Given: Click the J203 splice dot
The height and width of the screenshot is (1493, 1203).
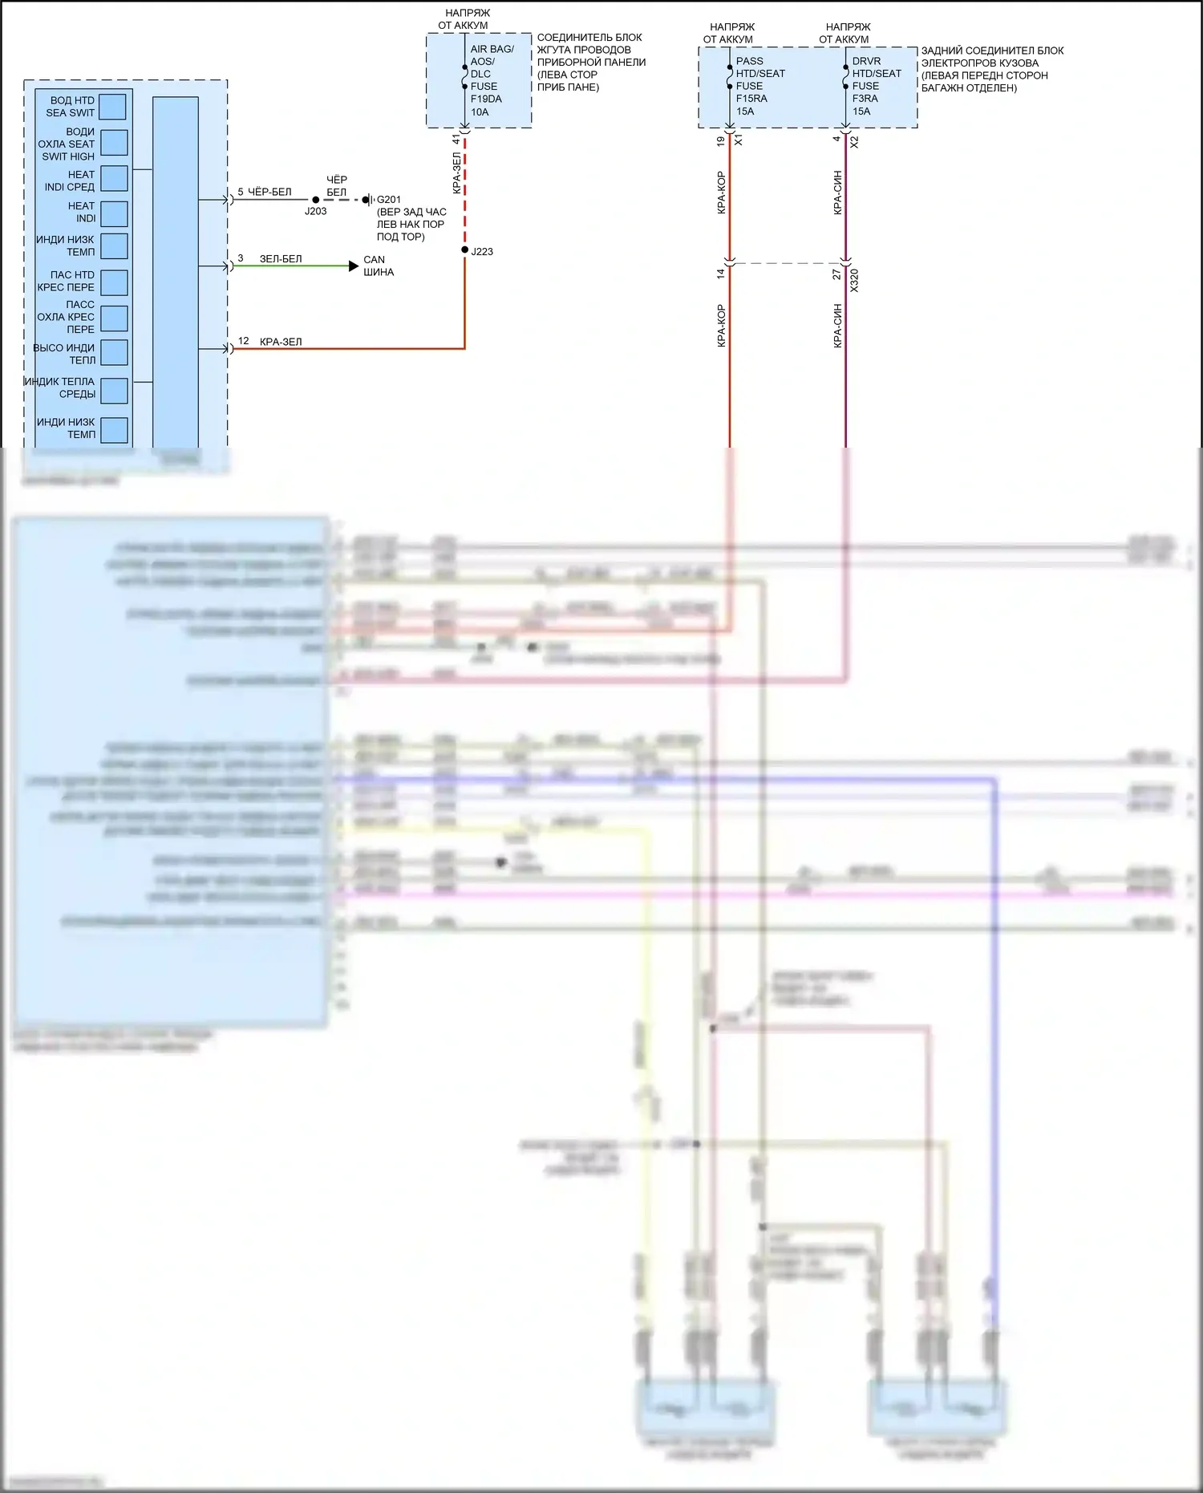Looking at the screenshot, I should tap(316, 200).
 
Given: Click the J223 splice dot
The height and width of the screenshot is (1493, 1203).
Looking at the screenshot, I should tap(464, 250).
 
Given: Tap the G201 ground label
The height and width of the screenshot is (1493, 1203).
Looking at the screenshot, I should tap(389, 200).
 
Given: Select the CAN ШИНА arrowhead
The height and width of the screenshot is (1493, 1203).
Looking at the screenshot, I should tap(354, 266).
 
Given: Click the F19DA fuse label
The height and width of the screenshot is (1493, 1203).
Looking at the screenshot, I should tap(486, 99).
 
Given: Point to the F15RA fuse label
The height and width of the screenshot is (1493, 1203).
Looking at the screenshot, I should tap(751, 99).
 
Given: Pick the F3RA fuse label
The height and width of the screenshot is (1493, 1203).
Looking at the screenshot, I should tap(865, 99).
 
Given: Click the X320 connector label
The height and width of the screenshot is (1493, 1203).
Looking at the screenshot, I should tap(854, 280).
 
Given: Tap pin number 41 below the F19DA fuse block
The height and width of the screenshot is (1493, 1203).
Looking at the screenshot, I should tap(456, 140).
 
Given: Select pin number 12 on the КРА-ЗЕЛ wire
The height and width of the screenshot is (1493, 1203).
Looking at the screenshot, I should tap(243, 341).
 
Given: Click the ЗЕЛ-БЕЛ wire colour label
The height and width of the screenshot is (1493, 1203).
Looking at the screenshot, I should tap(281, 259).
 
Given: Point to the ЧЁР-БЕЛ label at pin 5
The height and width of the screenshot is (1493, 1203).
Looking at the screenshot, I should tap(269, 192).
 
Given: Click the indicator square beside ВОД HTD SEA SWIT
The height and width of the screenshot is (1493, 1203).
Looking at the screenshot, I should tap(113, 107).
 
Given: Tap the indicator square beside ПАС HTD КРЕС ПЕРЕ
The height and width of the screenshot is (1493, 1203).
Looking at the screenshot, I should tap(114, 282).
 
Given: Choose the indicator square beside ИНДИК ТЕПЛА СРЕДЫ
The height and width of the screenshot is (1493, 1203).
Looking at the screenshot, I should tap(114, 390).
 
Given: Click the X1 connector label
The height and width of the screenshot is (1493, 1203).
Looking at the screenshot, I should tap(739, 140).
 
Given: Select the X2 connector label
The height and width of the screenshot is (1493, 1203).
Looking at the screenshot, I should tap(854, 141).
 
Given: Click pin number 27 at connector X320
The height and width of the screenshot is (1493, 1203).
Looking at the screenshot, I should tap(836, 274).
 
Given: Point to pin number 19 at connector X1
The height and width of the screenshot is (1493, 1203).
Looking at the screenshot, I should tap(720, 141).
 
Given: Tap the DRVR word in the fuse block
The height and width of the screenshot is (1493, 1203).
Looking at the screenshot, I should tap(866, 61).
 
